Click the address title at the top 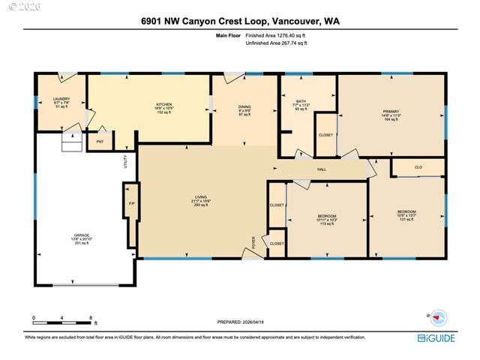click(x=239, y=22)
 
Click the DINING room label click(x=244, y=107)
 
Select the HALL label click(x=321, y=169)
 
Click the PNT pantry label click(x=100, y=139)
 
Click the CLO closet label click(x=418, y=167)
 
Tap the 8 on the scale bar click(x=91, y=318)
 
